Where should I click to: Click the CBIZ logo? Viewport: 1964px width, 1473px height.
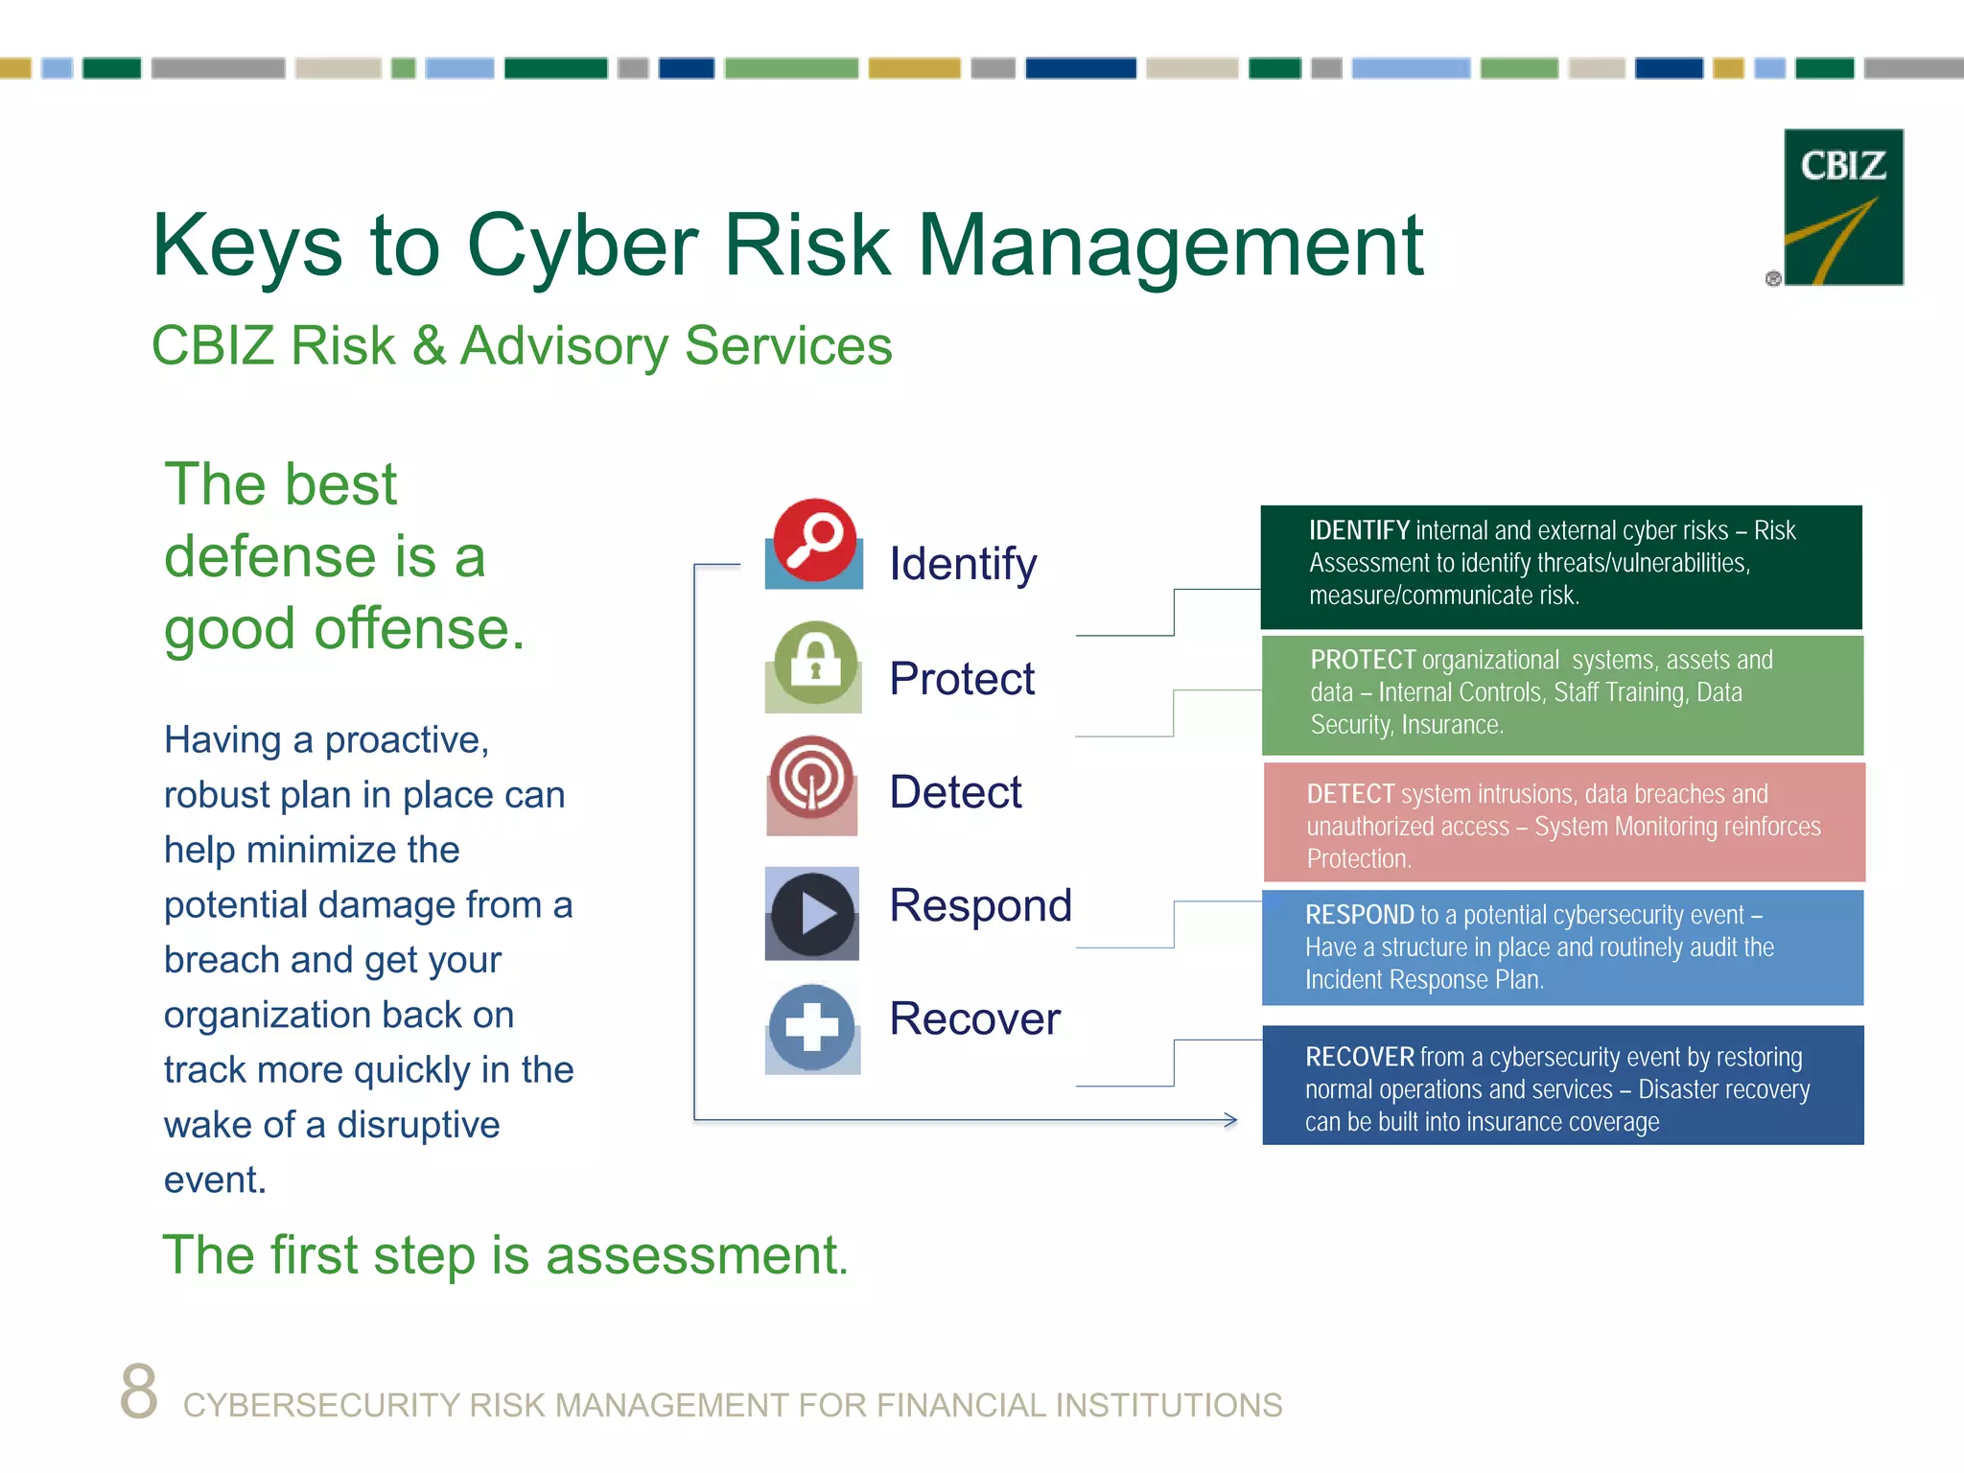coord(1842,207)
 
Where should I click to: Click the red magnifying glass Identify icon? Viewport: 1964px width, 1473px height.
coord(814,541)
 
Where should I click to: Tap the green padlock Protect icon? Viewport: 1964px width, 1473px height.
coord(814,664)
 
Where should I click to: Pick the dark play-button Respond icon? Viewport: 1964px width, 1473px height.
coord(812,914)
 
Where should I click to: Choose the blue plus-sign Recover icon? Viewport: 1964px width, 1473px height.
coord(812,1028)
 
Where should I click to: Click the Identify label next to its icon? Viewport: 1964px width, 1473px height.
coord(962,564)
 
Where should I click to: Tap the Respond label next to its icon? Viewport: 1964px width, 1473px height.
coord(979,905)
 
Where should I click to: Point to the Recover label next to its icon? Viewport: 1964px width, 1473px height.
coord(973,1018)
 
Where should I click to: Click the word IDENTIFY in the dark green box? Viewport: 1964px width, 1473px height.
coord(1358,530)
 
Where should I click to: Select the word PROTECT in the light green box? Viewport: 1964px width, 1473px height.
coord(1362,660)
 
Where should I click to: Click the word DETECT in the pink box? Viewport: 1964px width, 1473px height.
coord(1349,794)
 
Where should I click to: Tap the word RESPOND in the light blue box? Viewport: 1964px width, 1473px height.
coord(1358,915)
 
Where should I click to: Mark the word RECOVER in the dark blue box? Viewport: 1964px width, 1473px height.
coord(1358,1057)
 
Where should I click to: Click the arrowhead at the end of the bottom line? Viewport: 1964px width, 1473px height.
coord(1230,1119)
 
